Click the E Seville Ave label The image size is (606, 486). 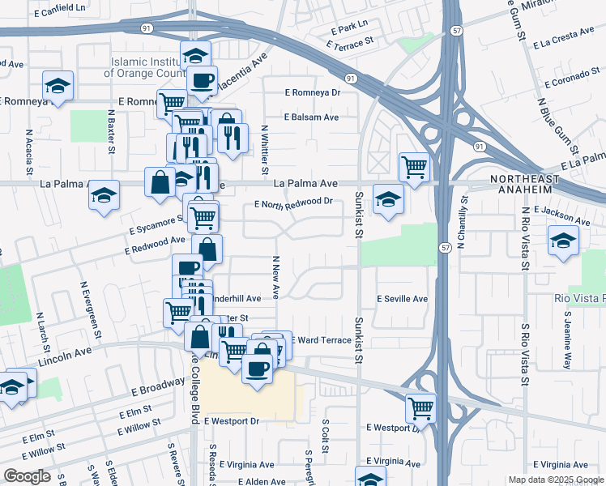click(x=403, y=299)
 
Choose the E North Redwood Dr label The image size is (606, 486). click(x=293, y=202)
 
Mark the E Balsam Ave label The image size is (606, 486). click(x=311, y=117)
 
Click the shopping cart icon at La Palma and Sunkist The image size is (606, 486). click(x=414, y=167)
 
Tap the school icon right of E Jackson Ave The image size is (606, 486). click(x=564, y=241)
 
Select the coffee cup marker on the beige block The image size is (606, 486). click(x=258, y=369)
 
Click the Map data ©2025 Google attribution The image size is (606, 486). click(x=555, y=480)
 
